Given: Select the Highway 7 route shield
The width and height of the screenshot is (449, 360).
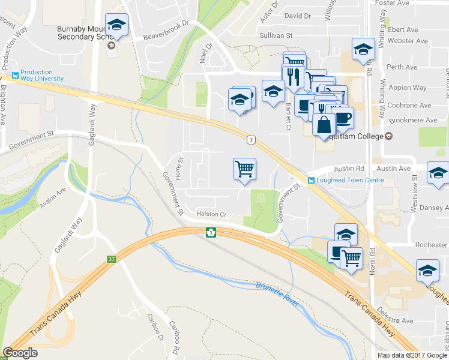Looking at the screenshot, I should [x=251, y=140].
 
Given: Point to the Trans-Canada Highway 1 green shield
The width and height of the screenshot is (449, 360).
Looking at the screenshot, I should [x=211, y=232].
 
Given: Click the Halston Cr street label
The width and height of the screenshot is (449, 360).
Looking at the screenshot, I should [x=210, y=214].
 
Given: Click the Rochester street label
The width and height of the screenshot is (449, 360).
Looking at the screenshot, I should [x=431, y=245].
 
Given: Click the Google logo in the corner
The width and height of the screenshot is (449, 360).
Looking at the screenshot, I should [x=20, y=353].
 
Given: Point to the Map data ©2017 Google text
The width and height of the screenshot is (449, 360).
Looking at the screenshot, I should [x=412, y=355].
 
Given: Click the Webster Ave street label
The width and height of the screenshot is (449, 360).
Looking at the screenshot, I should [x=408, y=41].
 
